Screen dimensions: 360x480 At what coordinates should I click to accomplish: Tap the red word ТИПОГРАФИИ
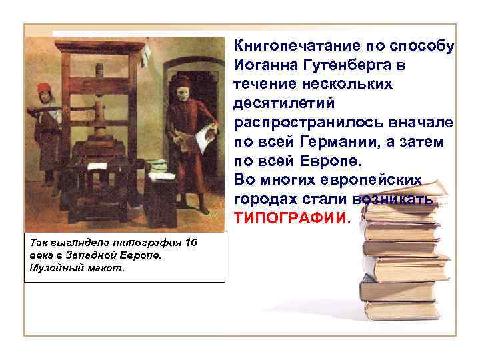coord(290,219)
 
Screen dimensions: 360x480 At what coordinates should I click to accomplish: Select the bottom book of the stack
coord(403,311)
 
